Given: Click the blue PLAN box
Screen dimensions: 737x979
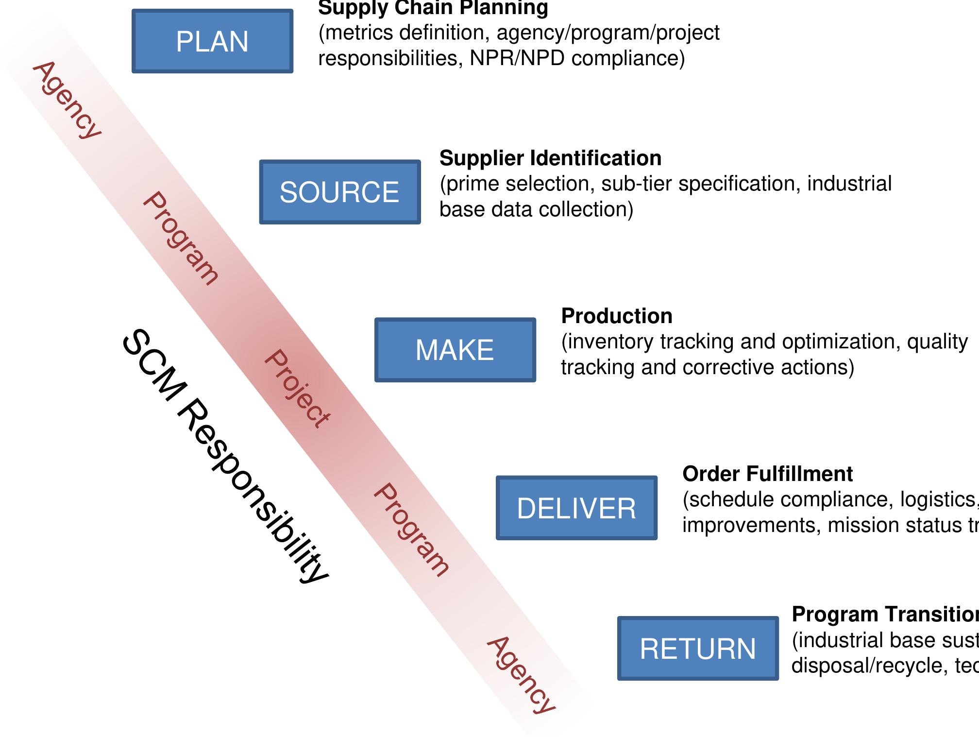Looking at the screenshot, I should point(212,41).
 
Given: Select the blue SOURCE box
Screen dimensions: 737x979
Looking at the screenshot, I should point(339,192).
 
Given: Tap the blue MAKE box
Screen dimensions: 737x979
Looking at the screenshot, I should point(455,350).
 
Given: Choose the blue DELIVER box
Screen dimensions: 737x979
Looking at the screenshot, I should point(576,508).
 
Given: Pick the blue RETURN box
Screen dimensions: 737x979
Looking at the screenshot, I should point(698,649).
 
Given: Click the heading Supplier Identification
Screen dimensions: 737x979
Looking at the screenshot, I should point(550,158).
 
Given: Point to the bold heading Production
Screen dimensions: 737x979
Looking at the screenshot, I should point(617,316).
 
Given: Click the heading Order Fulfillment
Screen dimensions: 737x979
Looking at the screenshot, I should point(767,474).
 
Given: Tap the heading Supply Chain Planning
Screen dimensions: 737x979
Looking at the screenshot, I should point(433,8).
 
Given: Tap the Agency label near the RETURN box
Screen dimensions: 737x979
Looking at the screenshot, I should point(521,675).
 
